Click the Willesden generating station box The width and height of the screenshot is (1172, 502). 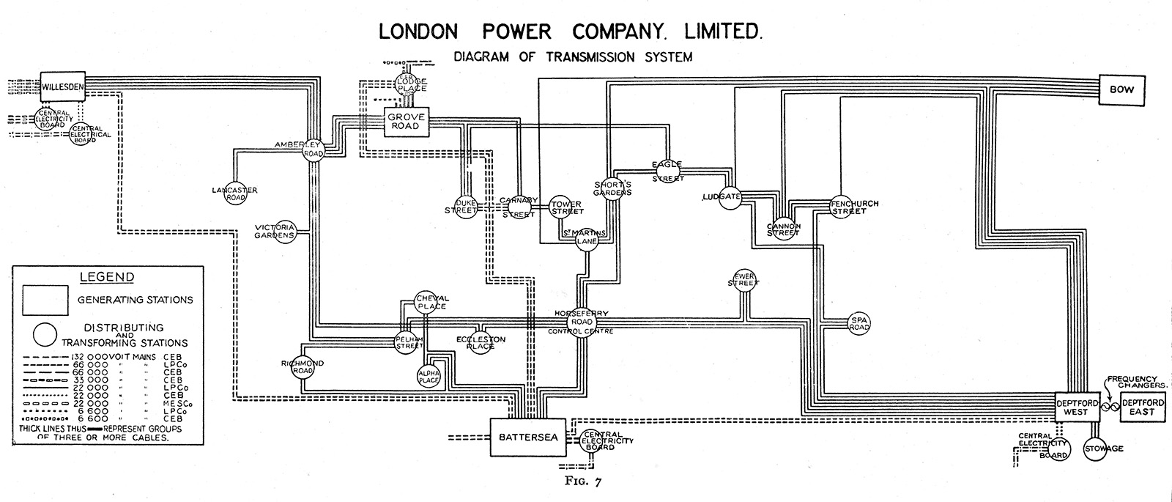click(63, 87)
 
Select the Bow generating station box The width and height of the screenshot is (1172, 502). click(1121, 90)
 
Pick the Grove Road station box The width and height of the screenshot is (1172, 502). click(407, 122)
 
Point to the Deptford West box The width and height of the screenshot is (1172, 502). click(1078, 407)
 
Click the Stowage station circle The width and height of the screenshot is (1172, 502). click(1097, 449)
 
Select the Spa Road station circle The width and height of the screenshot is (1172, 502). click(858, 323)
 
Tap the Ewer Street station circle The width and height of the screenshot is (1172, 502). click(743, 281)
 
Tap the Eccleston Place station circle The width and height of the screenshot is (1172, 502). click(481, 342)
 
